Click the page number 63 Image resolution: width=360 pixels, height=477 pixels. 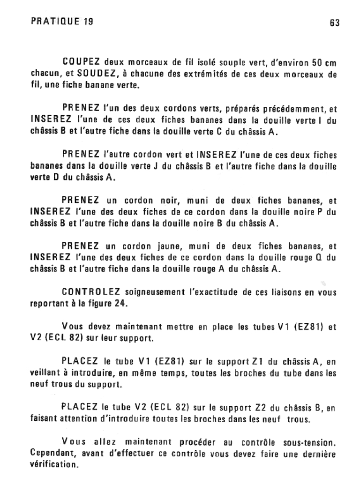click(x=335, y=23)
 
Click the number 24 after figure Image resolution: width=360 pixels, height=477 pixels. click(x=120, y=303)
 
